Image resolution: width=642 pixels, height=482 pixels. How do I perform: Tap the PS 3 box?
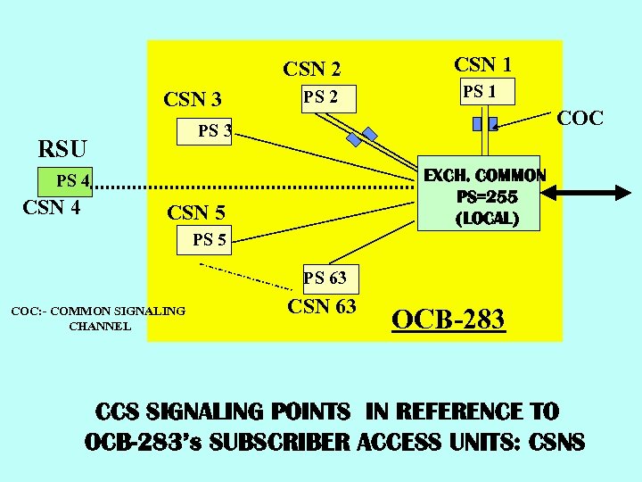215,131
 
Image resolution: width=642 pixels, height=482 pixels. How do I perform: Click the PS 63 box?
325,278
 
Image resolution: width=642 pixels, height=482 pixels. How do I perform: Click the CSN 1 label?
482,64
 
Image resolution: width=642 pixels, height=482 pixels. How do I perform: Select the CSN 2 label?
312,69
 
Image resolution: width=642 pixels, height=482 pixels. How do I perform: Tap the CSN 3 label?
193,99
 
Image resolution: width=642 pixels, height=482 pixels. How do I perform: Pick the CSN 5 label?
196,212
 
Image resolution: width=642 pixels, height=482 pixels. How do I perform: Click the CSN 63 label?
321,307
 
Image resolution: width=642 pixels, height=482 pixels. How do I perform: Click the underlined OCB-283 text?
449,319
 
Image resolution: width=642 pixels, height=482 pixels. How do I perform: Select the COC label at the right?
580,119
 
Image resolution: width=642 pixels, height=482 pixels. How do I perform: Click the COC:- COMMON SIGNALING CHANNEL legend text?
97,318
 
